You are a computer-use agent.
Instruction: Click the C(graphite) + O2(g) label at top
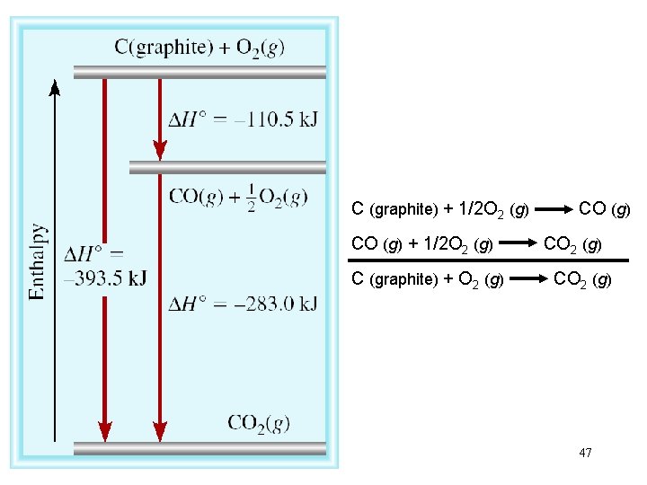click(x=199, y=48)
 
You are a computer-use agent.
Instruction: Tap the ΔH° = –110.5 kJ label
click(x=243, y=119)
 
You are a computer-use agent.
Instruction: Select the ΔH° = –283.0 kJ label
click(x=243, y=304)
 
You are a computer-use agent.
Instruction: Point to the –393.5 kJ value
click(x=105, y=278)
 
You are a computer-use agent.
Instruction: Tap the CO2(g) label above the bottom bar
click(x=258, y=423)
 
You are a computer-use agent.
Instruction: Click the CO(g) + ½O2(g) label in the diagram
click(x=238, y=198)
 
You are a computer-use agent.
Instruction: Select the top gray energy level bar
click(x=199, y=72)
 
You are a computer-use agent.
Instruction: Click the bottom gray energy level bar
click(x=199, y=447)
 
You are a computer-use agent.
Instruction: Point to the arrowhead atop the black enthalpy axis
click(x=55, y=87)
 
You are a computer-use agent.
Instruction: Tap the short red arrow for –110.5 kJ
click(x=159, y=117)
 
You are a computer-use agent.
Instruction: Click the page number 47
click(x=585, y=453)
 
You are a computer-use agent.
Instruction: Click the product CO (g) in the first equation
click(x=605, y=209)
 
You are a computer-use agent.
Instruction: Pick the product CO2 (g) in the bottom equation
click(x=582, y=279)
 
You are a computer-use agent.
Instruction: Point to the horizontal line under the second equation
click(x=489, y=260)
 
